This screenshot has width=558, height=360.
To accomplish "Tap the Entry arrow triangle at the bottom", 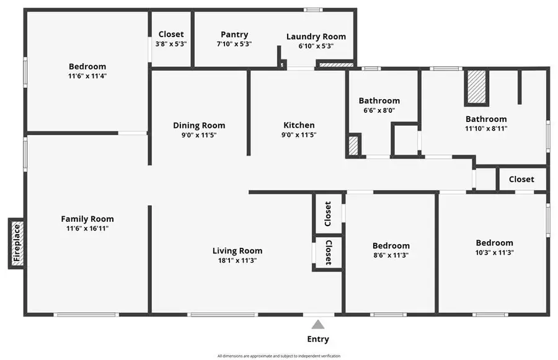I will coord(317,324).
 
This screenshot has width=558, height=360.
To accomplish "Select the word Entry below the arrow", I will coord(317,339).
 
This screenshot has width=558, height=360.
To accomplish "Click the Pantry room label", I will coord(234,35).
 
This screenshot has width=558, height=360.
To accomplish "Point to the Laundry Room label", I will coord(316,37).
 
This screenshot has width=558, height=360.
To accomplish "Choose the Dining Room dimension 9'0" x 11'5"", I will coord(199,134).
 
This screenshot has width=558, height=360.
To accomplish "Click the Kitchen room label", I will coord(299,125).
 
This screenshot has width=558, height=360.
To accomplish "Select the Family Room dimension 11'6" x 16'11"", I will coord(87,228).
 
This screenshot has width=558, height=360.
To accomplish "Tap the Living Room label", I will coord(237,251).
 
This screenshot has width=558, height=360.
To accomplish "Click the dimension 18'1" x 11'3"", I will coord(237,260).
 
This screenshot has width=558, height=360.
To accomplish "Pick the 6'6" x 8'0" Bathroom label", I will coord(379,100).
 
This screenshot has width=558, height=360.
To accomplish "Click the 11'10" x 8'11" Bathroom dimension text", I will coord(486,129).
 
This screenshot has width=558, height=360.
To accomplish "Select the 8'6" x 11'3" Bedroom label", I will coord(391,245).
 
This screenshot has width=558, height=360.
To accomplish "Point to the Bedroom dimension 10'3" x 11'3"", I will coord(494,252).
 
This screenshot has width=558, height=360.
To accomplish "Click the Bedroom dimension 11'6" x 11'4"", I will coord(87,76).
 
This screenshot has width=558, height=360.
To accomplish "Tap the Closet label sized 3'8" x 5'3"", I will coord(171,35).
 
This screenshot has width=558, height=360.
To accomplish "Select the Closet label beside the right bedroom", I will coord(521,179).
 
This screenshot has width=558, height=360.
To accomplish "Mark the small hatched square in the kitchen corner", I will coord(353,146).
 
